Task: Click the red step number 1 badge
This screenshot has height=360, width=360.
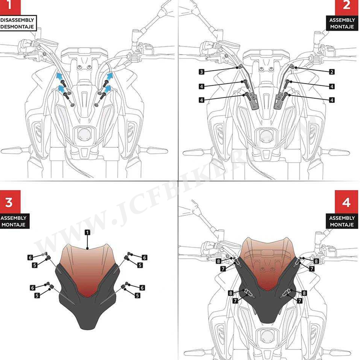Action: [x=8, y=6]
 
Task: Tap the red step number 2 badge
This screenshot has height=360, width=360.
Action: [x=346, y=7]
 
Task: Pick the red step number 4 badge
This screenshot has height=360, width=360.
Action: [x=346, y=203]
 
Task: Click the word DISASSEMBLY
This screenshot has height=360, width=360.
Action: [x=17, y=20]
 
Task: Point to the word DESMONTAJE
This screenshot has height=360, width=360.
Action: [x=17, y=27]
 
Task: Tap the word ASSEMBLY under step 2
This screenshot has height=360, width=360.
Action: [x=342, y=21]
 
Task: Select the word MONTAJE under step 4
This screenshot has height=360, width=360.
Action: [x=342, y=225]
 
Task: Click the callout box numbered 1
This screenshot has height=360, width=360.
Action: [x=87, y=233]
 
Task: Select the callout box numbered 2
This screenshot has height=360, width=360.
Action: [x=332, y=72]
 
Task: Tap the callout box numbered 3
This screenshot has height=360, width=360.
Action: [x=202, y=72]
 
